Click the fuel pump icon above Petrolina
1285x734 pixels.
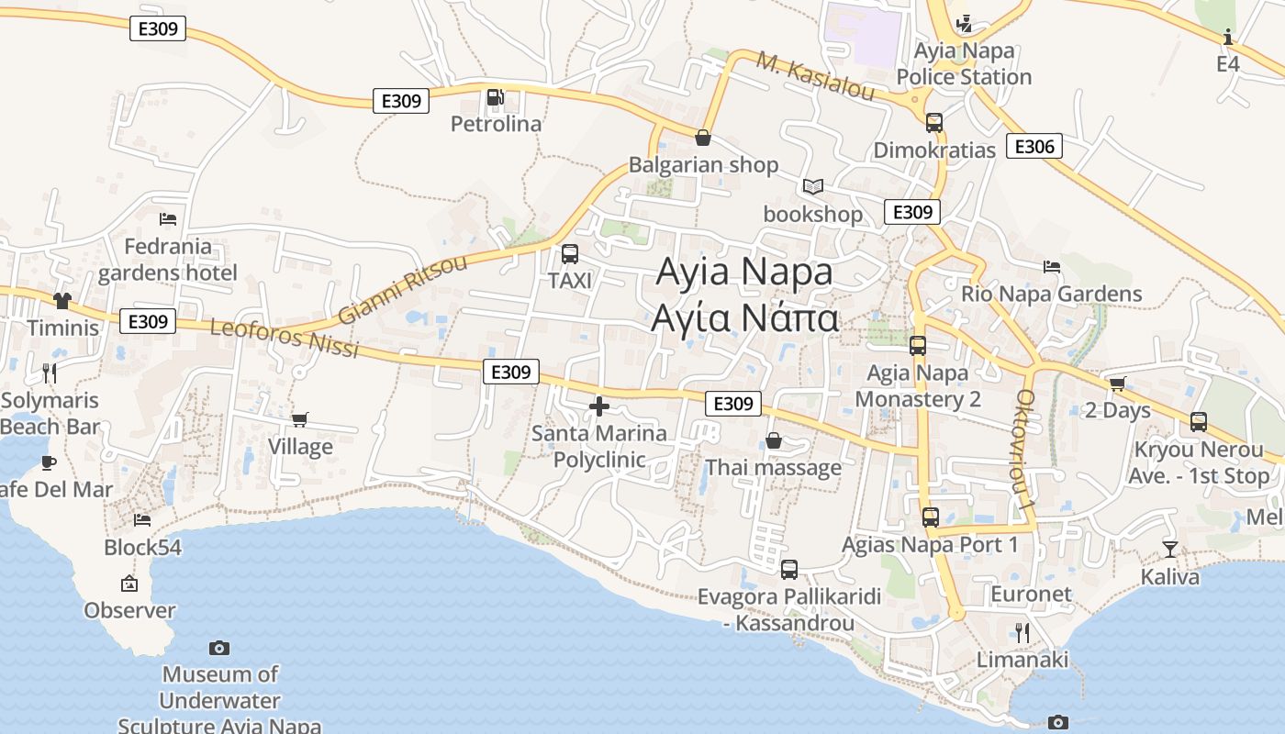pyautogui.click(x=494, y=96)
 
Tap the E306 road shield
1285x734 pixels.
pyautogui.click(x=1034, y=146)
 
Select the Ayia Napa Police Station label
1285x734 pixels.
pyautogui.click(x=964, y=63)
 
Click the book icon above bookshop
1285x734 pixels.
pyautogui.click(x=812, y=186)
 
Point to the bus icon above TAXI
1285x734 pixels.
pyautogui.click(x=570, y=254)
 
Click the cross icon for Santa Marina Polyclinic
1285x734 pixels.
pyautogui.click(x=599, y=406)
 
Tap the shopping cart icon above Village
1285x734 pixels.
pyautogui.click(x=300, y=419)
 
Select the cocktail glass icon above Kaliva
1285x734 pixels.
pyautogui.click(x=1169, y=549)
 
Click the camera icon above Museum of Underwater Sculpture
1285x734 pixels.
pyautogui.click(x=219, y=648)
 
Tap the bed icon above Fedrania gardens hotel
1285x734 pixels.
pyautogui.click(x=168, y=218)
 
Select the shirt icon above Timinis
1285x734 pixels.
pyautogui.click(x=62, y=300)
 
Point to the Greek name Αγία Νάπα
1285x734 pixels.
pyautogui.click(x=744, y=317)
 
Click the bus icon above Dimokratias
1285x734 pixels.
pyautogui.click(x=934, y=122)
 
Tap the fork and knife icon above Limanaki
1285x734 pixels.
pyautogui.click(x=1022, y=632)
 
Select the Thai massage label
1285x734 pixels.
pyautogui.click(x=773, y=468)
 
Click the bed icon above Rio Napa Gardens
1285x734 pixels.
pyautogui.click(x=1052, y=267)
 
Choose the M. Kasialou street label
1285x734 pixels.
pyautogui.click(x=815, y=76)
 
